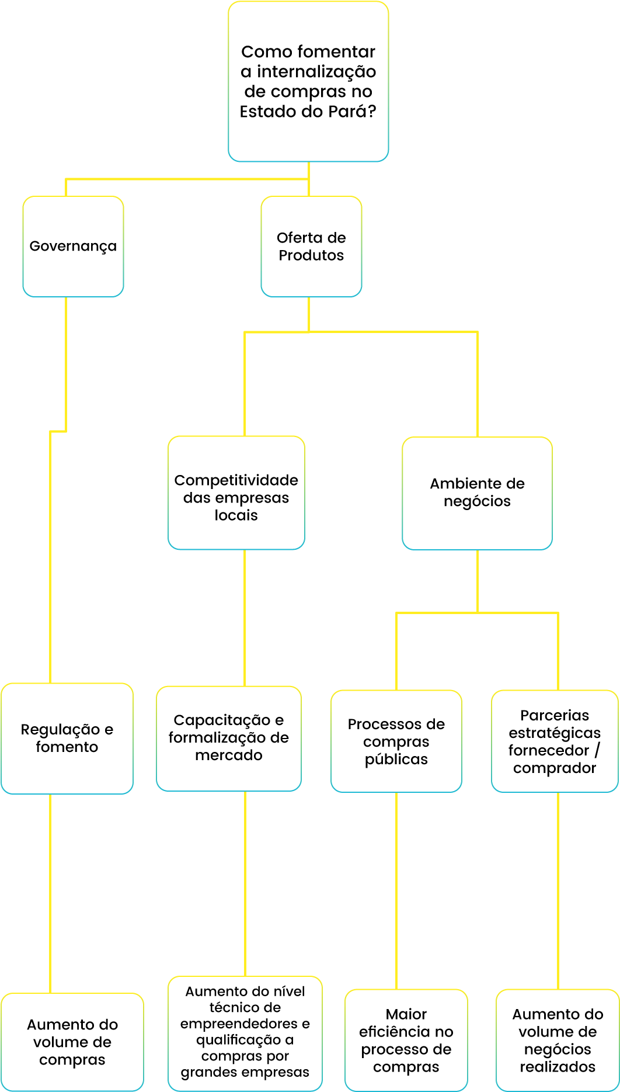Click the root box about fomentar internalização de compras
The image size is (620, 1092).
point(308,82)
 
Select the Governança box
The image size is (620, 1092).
point(73,247)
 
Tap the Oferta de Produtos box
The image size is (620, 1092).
point(311,247)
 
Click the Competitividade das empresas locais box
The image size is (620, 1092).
point(236,493)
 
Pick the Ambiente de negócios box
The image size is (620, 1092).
point(477,493)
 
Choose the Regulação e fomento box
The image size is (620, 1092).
point(67,739)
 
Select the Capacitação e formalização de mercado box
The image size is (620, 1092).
point(229,739)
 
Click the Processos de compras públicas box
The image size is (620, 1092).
point(396,741)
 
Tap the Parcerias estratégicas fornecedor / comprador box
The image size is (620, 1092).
point(555,741)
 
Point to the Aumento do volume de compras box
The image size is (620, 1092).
point(72,1042)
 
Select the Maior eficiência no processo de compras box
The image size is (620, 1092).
point(406,1040)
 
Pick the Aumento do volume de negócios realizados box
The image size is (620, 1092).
point(558,1040)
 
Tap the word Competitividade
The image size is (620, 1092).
point(236,480)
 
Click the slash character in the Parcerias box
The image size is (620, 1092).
point(597,750)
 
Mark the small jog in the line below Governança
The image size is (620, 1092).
point(58,432)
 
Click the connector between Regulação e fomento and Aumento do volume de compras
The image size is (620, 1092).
point(50,894)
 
